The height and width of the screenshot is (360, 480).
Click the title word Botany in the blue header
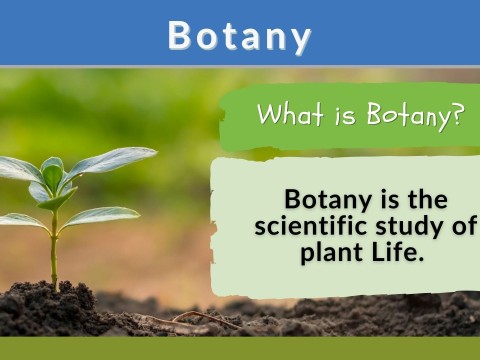coord(239,35)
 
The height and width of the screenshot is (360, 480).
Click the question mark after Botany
coord(458,115)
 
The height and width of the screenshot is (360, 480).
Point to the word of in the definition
coord(464,225)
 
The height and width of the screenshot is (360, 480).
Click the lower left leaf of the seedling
coord(20,219)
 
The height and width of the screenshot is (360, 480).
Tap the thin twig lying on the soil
coord(205,318)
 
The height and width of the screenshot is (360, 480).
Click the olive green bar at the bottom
coord(240,348)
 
